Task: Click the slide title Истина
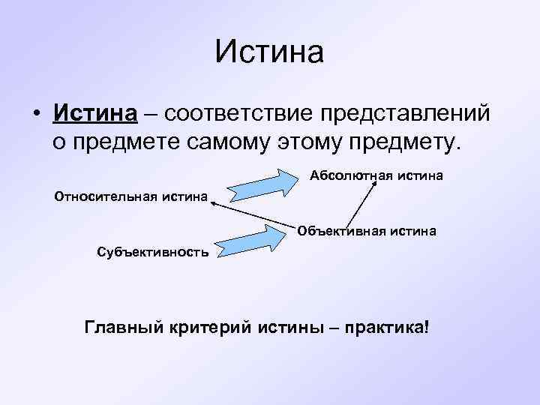coord(269,52)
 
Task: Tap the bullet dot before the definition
coord(36,115)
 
